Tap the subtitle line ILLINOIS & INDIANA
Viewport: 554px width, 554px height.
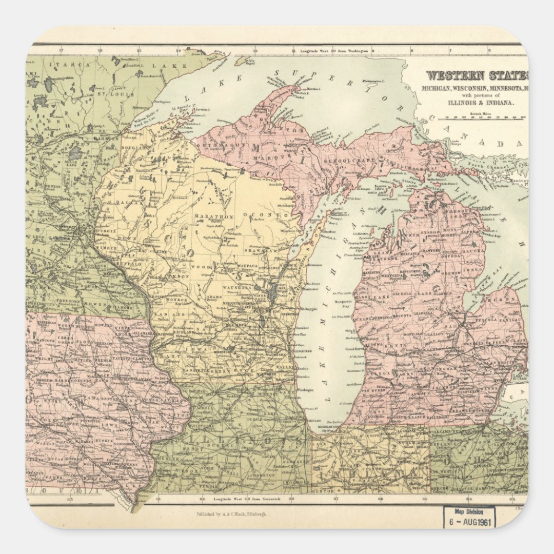(475, 102)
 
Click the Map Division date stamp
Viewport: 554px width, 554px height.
(469, 517)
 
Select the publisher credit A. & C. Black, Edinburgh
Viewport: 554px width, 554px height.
(231, 513)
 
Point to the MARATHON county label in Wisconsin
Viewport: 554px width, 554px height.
(213, 216)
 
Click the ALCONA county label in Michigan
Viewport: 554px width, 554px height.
(474, 251)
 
